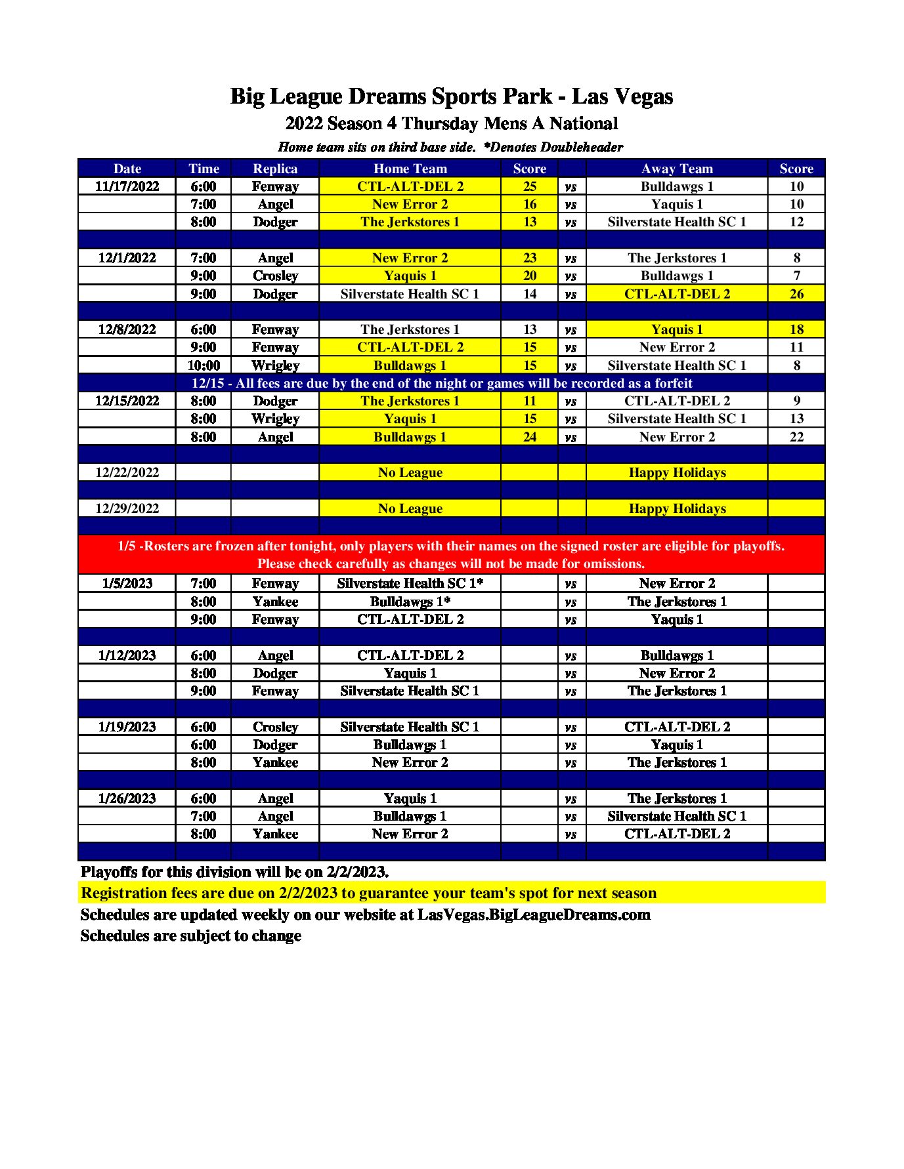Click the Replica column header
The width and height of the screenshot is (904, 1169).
tap(275, 169)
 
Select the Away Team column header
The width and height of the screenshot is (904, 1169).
tap(676, 169)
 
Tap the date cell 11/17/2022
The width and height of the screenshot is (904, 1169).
tap(127, 186)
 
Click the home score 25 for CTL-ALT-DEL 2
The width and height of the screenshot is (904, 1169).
tap(529, 186)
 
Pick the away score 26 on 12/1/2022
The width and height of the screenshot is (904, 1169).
tap(796, 294)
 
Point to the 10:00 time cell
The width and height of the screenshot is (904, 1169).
tap(204, 365)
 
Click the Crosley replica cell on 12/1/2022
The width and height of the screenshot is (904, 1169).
tap(275, 276)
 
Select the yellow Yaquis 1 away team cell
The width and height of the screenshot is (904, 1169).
tap(676, 329)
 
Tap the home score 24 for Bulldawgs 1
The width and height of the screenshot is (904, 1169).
tap(529, 437)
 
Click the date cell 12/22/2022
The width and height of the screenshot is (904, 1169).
tap(127, 472)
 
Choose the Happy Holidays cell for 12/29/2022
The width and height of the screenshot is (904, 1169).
tap(676, 508)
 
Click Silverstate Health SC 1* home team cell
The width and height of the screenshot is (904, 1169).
tap(410, 583)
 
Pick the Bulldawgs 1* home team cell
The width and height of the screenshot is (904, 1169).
tap(410, 602)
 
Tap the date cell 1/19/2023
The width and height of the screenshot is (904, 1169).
tap(127, 727)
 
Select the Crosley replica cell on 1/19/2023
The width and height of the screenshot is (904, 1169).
tap(275, 727)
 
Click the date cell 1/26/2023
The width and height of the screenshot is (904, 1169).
tap(127, 798)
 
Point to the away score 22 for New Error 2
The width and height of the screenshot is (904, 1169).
tap(796, 437)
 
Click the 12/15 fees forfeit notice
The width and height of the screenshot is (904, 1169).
tap(441, 383)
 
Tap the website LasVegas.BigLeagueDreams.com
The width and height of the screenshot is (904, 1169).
tap(534, 914)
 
